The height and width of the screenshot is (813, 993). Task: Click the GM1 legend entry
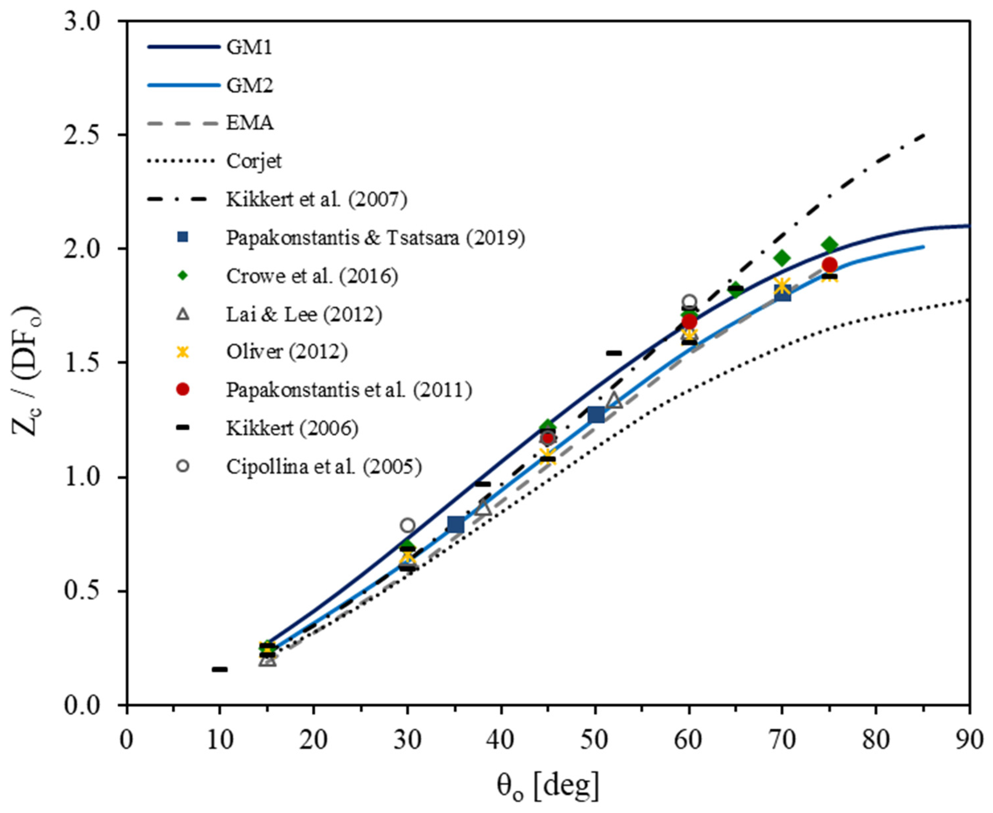(249, 47)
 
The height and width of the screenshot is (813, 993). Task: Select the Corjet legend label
(254, 161)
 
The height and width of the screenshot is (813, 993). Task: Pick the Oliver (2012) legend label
(287, 352)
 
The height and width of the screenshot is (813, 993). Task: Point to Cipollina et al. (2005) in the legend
(324, 466)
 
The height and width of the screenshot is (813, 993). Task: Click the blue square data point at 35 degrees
(455, 525)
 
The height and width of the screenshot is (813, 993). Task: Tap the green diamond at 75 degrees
(829, 245)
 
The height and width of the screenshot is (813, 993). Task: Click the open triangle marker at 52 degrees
(614, 401)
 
